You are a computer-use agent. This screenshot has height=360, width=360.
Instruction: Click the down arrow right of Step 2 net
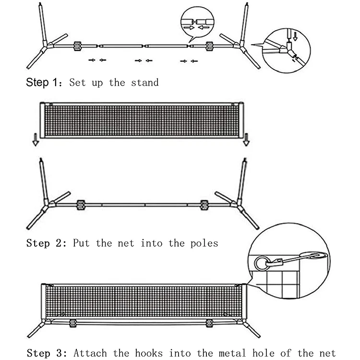(246, 140)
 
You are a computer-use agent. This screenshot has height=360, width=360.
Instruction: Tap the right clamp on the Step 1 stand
(209, 46)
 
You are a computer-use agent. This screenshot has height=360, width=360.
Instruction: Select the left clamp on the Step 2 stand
(80, 205)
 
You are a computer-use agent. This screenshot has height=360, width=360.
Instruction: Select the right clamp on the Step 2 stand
(204, 205)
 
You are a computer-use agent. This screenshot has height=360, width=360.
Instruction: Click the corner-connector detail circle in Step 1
(288, 50)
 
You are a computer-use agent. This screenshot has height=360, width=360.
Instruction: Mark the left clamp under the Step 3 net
(73, 323)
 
